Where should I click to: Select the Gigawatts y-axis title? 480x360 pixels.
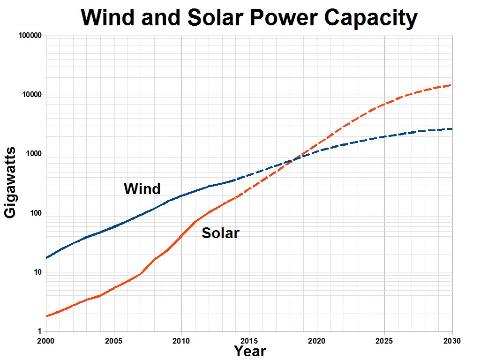[x=11, y=182]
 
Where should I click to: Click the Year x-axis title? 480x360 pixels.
[x=250, y=351]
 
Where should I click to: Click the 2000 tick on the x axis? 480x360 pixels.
[x=46, y=339]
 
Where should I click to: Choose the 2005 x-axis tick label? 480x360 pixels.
[x=114, y=339]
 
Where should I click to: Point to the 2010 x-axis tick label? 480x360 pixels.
[x=181, y=339]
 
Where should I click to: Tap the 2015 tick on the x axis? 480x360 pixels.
[x=249, y=339]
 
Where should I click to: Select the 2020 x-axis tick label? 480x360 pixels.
[x=317, y=339]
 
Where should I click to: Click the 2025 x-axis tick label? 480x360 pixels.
[x=385, y=339]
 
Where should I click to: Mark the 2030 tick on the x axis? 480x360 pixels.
[x=451, y=339]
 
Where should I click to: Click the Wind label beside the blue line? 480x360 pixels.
[x=142, y=189]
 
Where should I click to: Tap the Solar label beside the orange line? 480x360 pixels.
[x=220, y=233]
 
